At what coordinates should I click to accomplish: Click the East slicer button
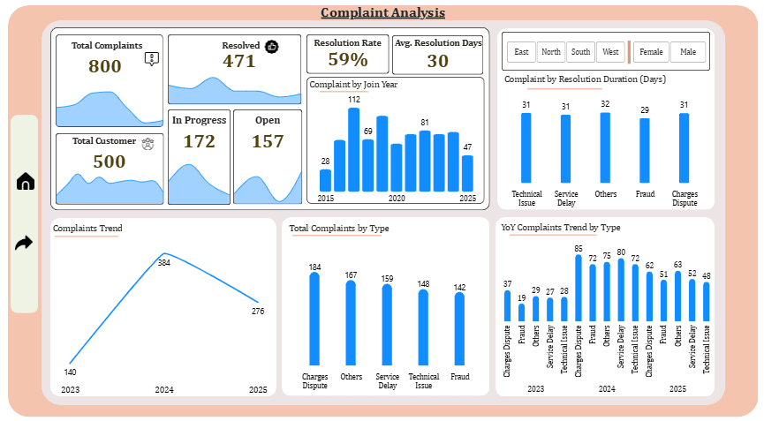click(x=522, y=52)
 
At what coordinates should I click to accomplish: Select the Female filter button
click(x=651, y=52)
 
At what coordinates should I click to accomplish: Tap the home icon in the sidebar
click(x=25, y=182)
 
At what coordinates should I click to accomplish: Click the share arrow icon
click(x=25, y=243)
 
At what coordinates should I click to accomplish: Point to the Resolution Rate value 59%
click(x=347, y=60)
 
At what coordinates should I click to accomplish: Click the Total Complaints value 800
click(x=105, y=66)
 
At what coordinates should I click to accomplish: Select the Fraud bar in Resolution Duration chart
click(x=645, y=151)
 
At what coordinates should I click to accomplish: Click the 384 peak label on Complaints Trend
click(x=163, y=263)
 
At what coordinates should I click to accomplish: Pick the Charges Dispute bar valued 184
click(x=314, y=318)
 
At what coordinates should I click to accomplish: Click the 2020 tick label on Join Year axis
click(x=397, y=199)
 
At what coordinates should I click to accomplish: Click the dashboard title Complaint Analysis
click(x=382, y=12)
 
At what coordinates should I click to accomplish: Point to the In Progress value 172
click(x=199, y=141)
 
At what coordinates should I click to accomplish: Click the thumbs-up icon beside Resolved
click(x=272, y=46)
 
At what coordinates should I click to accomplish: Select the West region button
click(x=609, y=52)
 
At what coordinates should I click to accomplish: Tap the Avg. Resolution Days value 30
click(x=438, y=61)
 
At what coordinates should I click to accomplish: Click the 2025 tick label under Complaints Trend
click(x=258, y=390)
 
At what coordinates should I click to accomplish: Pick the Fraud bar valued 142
click(x=459, y=328)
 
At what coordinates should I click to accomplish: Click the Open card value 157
click(x=268, y=141)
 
